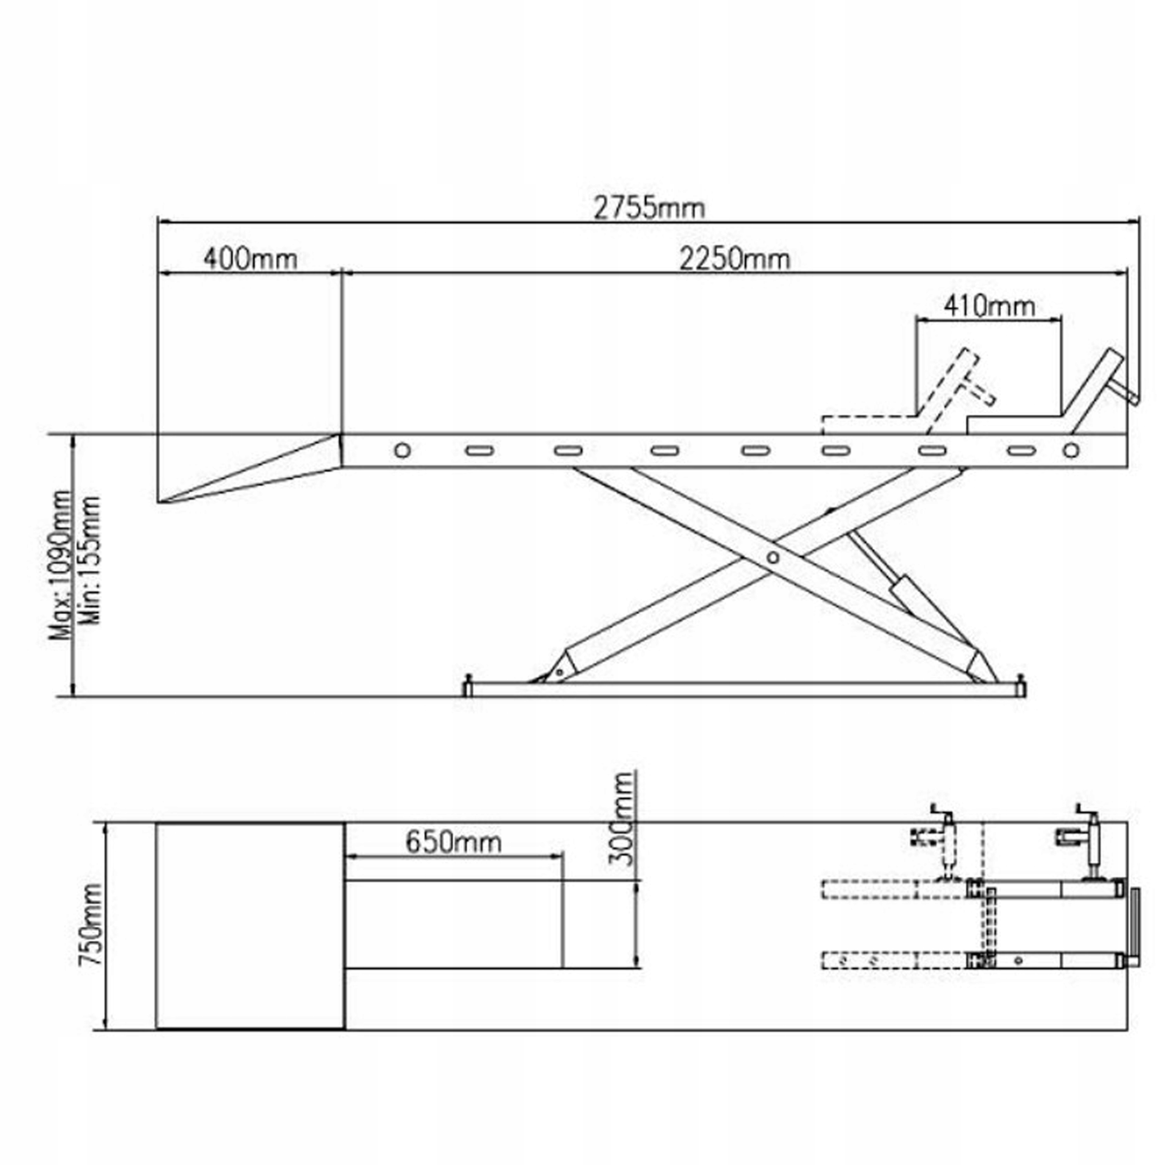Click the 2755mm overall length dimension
point(649,208)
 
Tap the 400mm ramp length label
point(250,259)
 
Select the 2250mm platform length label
point(734,259)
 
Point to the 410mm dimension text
point(989,306)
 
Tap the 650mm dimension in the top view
point(453,842)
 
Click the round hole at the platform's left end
point(402,451)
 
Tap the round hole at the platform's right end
point(1071,451)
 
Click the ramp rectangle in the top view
point(250,926)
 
